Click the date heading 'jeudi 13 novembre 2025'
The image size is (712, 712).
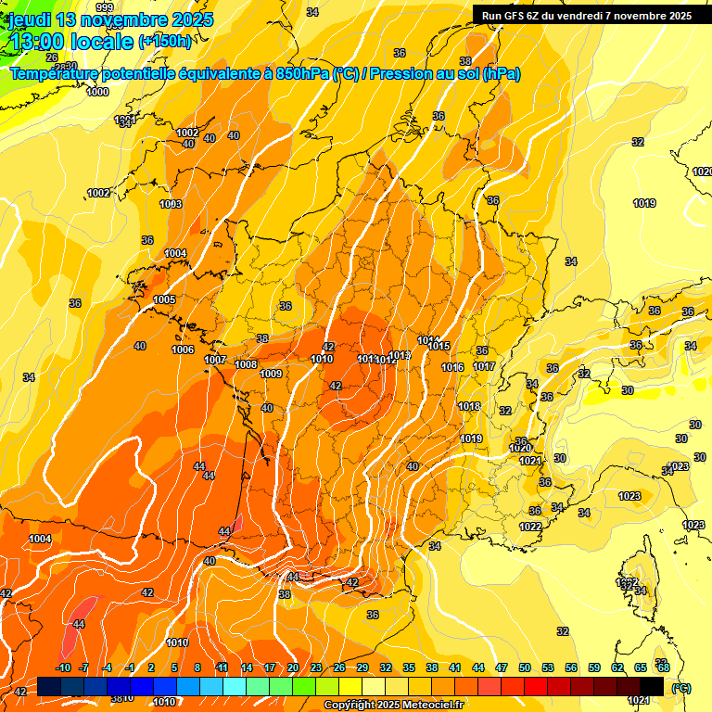[110, 19]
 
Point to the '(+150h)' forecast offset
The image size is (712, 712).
[165, 42]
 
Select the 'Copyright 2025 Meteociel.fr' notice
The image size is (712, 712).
[393, 706]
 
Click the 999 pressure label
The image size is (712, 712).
[105, 9]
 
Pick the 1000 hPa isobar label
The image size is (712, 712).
[97, 92]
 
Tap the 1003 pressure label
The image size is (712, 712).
[171, 204]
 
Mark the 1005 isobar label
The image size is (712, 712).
[165, 299]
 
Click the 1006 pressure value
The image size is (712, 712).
[183, 350]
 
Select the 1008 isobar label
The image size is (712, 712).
[246, 364]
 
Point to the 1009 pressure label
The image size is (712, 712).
[271, 374]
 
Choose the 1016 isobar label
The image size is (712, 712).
[452, 367]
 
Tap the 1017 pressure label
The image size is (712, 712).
[483, 366]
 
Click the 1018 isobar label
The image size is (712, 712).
[469, 406]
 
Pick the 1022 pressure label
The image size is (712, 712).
[530, 527]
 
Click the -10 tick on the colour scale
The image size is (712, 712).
[64, 667]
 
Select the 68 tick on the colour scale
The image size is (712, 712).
[664, 667]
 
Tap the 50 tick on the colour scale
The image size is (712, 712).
[525, 667]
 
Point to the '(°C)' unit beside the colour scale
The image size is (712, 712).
[681, 688]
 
